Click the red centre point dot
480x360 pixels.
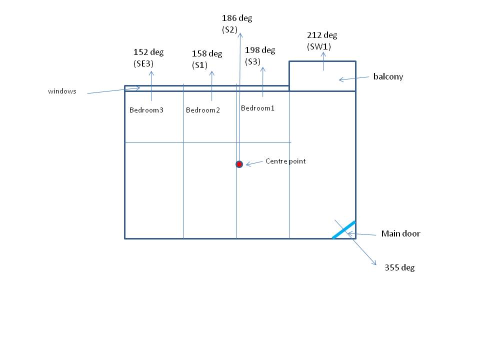[239, 164]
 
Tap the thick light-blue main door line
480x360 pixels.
[344, 229]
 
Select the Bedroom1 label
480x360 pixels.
[257, 108]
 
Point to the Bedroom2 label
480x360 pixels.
[202, 110]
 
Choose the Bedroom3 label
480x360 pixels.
[146, 110]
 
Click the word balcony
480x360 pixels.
[388, 77]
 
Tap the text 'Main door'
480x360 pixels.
[400, 233]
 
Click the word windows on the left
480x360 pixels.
[62, 91]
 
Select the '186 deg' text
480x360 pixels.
[237, 18]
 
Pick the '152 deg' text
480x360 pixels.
[148, 52]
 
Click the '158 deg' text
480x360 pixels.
[207, 53]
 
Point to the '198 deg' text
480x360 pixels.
[260, 50]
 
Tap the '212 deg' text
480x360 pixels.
[322, 35]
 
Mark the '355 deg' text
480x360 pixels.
[399, 267]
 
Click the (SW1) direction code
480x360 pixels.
[319, 46]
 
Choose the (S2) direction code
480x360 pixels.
[229, 30]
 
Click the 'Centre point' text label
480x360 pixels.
[285, 161]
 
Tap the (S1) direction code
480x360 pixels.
[200, 65]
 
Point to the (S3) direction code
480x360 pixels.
[253, 61]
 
